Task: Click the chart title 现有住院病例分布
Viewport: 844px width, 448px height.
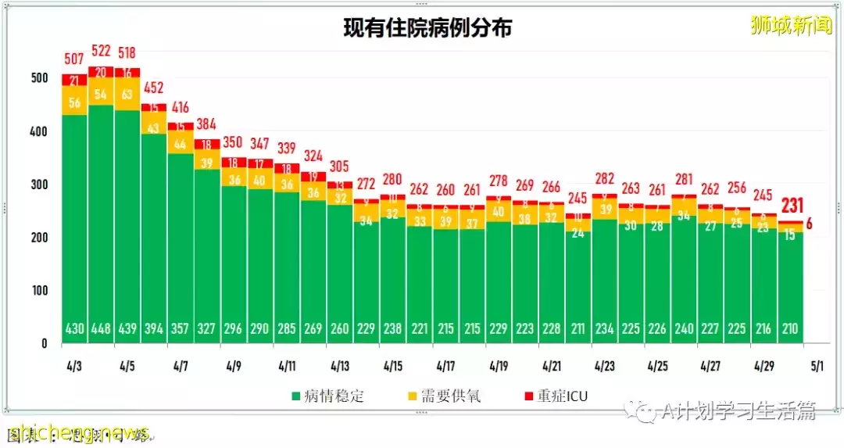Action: (427, 28)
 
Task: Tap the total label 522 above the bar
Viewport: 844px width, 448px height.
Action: (102, 51)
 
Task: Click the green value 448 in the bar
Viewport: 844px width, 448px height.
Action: (102, 329)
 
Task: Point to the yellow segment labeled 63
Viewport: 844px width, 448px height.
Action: (127, 95)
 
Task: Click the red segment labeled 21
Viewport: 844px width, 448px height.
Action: (75, 80)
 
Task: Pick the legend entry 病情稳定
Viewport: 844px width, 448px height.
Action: (327, 396)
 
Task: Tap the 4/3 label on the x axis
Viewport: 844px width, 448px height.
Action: (75, 365)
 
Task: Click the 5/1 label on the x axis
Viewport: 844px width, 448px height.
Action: (817, 365)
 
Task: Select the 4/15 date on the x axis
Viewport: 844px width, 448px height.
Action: (393, 365)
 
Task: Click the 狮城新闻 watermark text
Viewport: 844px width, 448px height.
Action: (790, 26)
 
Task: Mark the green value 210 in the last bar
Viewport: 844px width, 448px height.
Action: (790, 329)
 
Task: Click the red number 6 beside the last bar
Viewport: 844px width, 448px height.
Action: (809, 224)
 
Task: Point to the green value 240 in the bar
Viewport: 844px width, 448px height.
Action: (684, 329)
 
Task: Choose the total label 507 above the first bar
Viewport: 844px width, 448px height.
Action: (75, 59)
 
